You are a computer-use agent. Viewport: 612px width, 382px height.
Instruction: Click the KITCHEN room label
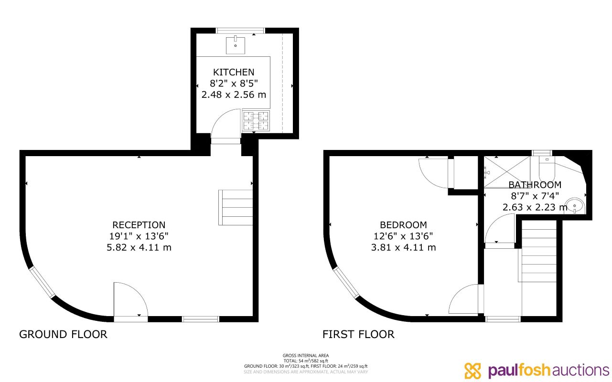click(x=234, y=72)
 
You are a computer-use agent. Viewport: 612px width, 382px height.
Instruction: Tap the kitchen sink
click(x=235, y=45)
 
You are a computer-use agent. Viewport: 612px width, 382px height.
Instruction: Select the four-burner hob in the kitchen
click(x=256, y=121)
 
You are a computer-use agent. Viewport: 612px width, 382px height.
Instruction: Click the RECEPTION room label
click(x=139, y=225)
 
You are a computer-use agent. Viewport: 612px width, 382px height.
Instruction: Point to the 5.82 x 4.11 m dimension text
click(x=139, y=247)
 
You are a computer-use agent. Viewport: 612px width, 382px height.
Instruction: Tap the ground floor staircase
click(x=236, y=208)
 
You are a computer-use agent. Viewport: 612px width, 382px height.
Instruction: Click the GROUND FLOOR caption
click(x=63, y=334)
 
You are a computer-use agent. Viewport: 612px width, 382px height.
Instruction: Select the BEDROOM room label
click(x=403, y=225)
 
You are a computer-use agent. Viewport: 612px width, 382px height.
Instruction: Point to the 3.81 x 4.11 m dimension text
click(x=403, y=247)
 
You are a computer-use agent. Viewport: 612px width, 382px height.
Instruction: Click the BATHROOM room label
click(x=535, y=185)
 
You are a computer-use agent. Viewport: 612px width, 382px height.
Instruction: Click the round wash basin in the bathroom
click(x=575, y=205)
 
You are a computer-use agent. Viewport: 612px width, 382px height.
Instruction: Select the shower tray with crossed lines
click(x=507, y=172)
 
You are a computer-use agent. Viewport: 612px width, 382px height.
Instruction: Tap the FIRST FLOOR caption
click(x=358, y=334)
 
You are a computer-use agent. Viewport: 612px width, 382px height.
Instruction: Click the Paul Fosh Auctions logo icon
click(x=472, y=371)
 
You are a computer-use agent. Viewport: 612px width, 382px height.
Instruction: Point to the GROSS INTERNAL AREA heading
click(x=306, y=356)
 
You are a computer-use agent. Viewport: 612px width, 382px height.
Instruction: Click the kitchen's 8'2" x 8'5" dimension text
click(x=234, y=83)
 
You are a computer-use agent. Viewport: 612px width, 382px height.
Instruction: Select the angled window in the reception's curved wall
click(x=43, y=282)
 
